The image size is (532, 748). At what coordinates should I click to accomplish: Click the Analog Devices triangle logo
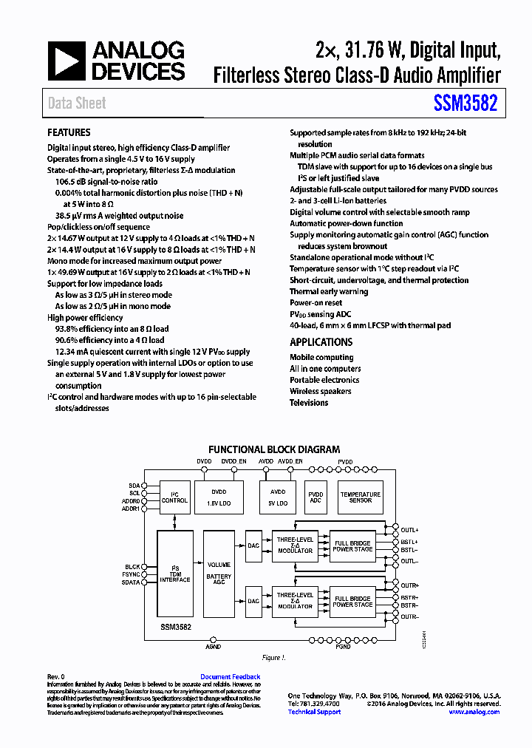point(66,61)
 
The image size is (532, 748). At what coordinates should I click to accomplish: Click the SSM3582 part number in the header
point(465,103)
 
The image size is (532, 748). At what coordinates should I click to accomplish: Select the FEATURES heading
point(69,132)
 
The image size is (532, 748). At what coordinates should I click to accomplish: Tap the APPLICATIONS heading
point(321,342)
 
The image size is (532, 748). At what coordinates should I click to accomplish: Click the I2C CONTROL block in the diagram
point(174,497)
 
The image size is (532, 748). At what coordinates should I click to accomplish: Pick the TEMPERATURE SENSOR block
point(360,497)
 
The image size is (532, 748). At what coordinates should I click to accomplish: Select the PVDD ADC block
point(316,497)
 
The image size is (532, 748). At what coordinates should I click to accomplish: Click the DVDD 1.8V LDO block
point(219,497)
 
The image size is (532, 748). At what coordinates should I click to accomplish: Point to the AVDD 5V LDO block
point(277,497)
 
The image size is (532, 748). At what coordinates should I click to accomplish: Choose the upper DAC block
point(253,545)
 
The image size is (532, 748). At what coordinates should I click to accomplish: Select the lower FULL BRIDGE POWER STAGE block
point(352,602)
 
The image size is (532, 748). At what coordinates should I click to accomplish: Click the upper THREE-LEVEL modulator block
point(295,545)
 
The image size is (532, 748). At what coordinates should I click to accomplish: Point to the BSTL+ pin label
point(410,541)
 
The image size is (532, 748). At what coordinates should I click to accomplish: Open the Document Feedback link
point(230,677)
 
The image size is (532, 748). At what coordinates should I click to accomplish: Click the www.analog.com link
point(474,712)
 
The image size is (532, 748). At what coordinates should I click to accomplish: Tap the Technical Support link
point(314,712)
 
